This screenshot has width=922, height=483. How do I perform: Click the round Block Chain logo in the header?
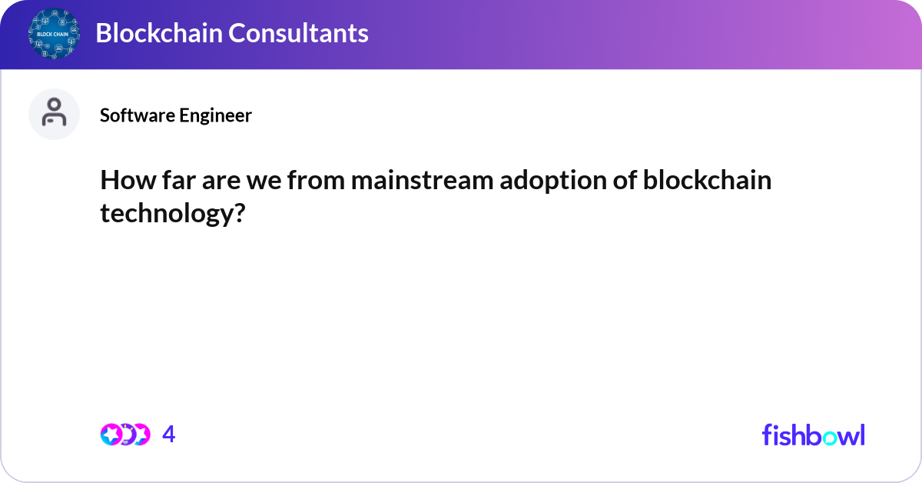click(x=54, y=35)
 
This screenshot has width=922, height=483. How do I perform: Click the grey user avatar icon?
click(x=54, y=114)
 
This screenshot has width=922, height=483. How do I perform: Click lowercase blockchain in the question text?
click(x=707, y=182)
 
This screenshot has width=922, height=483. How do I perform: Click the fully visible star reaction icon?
click(x=111, y=435)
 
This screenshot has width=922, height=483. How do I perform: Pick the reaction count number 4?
click(x=169, y=435)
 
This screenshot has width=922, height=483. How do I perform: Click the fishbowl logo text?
click(x=813, y=435)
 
